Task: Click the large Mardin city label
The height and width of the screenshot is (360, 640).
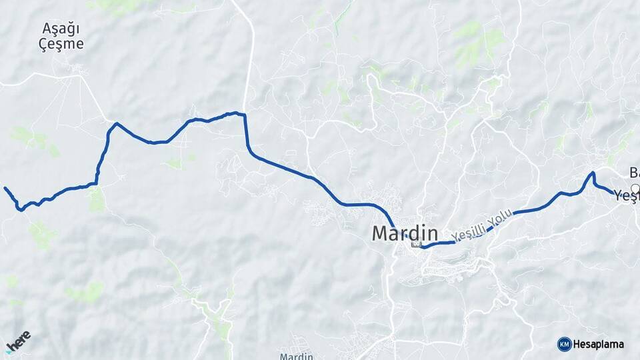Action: tap(405, 233)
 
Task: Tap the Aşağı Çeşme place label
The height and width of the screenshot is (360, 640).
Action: tap(61, 36)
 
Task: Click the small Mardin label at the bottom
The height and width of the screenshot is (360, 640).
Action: tap(296, 356)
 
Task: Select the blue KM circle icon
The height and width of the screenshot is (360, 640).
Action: tap(564, 344)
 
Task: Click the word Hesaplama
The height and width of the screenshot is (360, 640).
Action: tap(599, 344)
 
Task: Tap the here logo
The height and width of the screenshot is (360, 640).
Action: tap(18, 341)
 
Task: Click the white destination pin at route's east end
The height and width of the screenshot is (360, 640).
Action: tap(634, 189)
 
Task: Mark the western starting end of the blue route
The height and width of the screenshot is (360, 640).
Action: tap(5, 188)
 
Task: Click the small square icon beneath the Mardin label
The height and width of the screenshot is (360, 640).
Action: tap(417, 244)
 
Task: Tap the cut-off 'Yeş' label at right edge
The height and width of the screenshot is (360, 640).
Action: tap(627, 195)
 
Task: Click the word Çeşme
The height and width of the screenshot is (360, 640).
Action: tap(61, 45)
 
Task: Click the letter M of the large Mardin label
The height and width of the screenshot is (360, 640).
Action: tap(381, 233)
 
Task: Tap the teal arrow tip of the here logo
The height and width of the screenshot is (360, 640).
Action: tap(9, 351)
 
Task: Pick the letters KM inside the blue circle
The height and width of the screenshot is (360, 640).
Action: tap(564, 344)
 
